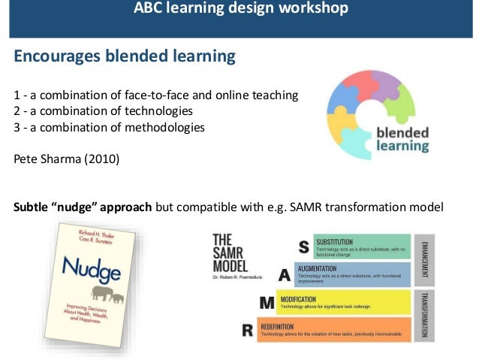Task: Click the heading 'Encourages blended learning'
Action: click(x=125, y=56)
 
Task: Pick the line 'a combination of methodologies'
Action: click(x=109, y=127)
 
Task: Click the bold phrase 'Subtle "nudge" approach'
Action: click(x=83, y=206)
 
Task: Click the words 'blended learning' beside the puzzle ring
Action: click(x=402, y=139)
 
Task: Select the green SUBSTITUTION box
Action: click(x=362, y=247)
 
